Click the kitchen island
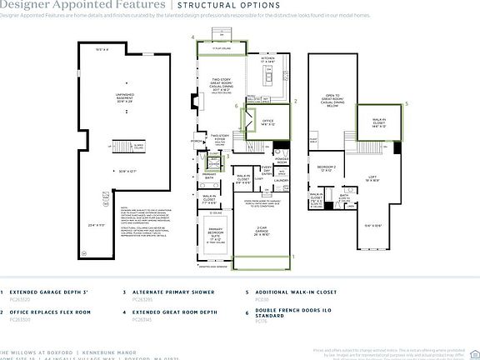(x=269, y=79)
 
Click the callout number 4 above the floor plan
(x=192, y=37)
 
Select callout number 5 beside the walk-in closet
(x=406, y=103)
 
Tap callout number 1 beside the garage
(x=292, y=257)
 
